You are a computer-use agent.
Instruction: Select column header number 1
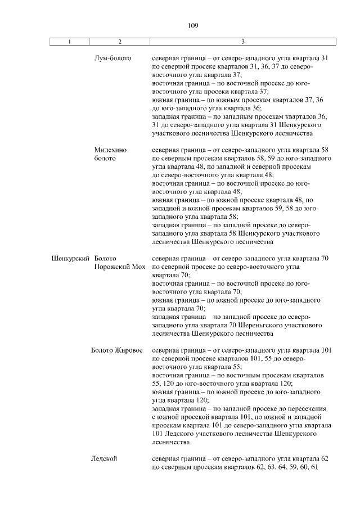point(69,42)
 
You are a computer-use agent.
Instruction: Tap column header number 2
point(120,42)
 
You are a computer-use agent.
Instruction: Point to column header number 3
point(242,42)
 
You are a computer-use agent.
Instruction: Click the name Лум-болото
point(113,58)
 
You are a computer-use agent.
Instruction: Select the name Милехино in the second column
point(111,150)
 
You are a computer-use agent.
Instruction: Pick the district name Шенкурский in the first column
point(70,258)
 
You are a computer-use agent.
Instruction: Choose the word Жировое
point(129,350)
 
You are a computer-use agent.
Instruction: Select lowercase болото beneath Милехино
point(105,159)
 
